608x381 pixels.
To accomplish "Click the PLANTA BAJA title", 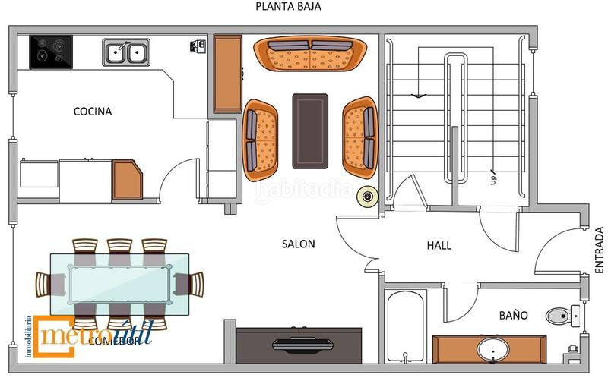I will pyautogui.click(x=288, y=7).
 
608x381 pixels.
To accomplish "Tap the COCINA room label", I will pyautogui.click(x=92, y=112).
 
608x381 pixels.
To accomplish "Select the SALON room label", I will pyautogui.click(x=298, y=244).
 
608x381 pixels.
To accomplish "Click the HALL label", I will pyautogui.click(x=439, y=246).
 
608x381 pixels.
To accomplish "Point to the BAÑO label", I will pyautogui.click(x=513, y=314).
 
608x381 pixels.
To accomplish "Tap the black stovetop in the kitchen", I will pyautogui.click(x=51, y=52).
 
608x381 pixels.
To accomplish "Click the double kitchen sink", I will pyautogui.click(x=125, y=52).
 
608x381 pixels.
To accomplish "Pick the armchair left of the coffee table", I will pyautogui.click(x=261, y=137).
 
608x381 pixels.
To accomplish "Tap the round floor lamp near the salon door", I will pyautogui.click(x=369, y=197).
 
